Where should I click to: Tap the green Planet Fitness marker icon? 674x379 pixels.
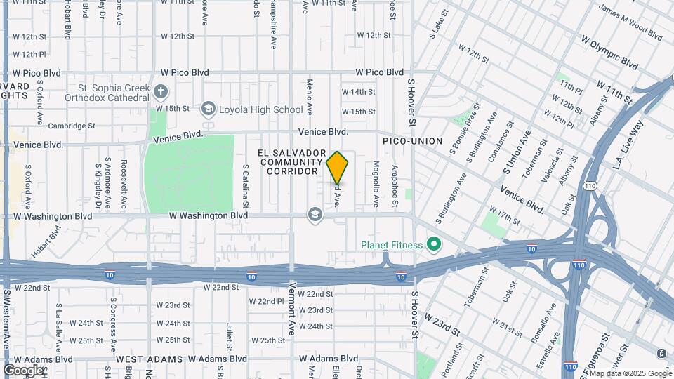coord(435,245)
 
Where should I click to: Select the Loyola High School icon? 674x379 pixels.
coord(208,109)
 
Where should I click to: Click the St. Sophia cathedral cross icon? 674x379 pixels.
coord(161,91)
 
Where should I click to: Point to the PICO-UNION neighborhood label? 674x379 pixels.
coord(412,141)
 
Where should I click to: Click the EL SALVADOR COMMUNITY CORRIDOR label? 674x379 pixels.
coord(293,162)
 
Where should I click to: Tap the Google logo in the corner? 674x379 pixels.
coord(23,370)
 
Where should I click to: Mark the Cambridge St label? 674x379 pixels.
coord(71,126)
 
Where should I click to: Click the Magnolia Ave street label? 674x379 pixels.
coord(376,184)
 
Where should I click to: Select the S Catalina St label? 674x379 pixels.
coord(246,186)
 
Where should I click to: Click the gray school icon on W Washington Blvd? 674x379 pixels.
coord(315,214)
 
